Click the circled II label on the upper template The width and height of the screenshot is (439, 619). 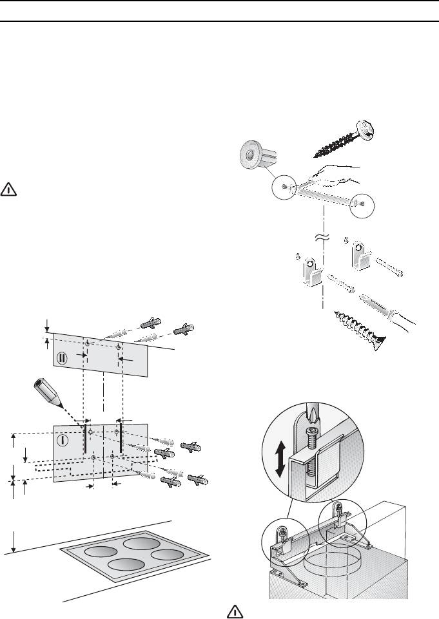coord(62,358)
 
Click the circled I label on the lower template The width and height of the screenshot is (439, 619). coord(63,439)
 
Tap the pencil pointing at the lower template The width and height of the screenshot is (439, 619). coord(48,392)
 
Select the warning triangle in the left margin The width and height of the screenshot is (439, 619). coord(8,189)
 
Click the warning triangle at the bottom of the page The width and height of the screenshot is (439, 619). coord(235,612)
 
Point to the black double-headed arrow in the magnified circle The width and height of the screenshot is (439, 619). coord(280,459)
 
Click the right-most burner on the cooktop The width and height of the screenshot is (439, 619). coord(167,554)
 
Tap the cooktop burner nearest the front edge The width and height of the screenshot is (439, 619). coord(126,564)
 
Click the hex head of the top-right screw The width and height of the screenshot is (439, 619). coord(365,128)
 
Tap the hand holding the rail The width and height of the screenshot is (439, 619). coord(334,175)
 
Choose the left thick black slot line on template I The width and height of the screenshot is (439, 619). coord(85,439)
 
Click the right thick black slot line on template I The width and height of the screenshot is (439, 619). coord(120,438)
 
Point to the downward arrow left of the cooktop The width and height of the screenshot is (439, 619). coord(14,542)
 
